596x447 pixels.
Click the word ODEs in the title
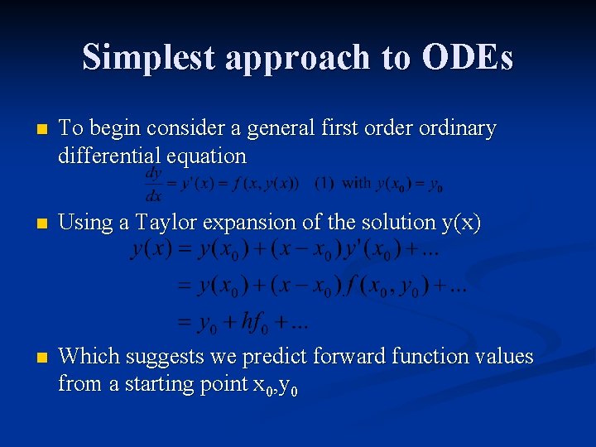click(x=467, y=57)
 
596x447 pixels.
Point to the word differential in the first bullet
click(x=110, y=156)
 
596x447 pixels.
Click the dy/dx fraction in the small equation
click(x=154, y=184)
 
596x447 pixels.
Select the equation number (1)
click(x=324, y=183)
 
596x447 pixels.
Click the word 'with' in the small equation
click(x=356, y=183)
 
